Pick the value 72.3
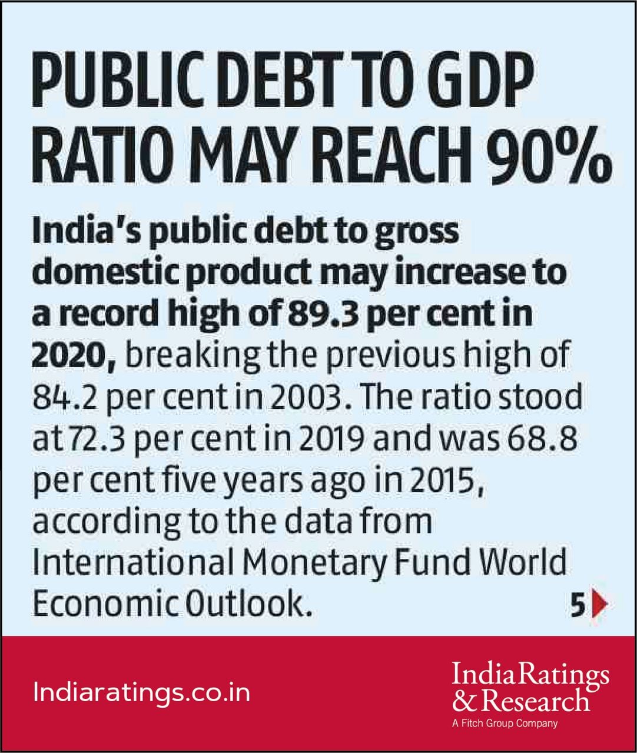point(97,438)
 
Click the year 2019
point(332,438)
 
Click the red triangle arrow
point(599,604)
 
